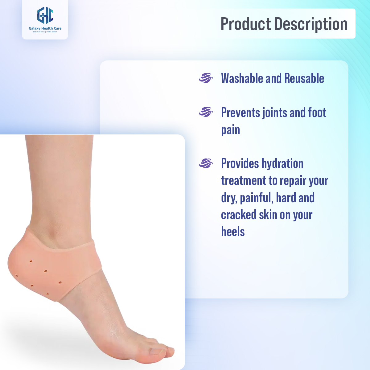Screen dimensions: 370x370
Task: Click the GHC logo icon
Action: [45, 15]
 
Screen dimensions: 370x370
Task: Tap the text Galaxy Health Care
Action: [45, 28]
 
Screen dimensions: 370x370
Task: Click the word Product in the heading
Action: [245, 24]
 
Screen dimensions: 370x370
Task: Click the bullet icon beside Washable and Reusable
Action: [206, 78]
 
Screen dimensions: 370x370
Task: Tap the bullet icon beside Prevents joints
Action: [206, 112]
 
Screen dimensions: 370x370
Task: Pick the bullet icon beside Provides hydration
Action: [206, 163]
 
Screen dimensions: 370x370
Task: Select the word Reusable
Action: [304, 78]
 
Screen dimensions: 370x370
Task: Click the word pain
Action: [230, 130]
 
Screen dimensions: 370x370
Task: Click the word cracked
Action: [238, 215]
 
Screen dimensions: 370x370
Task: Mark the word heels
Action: [233, 232]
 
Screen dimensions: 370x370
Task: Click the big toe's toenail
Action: [155, 351]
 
